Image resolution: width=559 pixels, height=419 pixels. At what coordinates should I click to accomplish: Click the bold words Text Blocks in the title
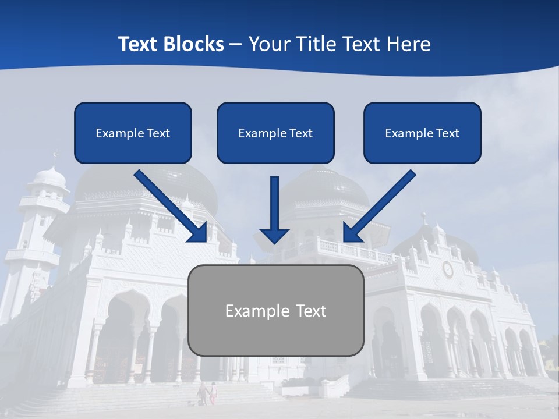coord(171,44)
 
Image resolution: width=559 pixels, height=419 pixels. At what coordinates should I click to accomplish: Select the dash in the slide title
coord(235,45)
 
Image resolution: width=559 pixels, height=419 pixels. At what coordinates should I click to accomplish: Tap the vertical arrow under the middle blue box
coord(274,210)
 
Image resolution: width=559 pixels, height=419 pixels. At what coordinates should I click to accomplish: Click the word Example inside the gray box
coord(254,311)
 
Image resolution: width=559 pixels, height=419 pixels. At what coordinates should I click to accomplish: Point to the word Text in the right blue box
coord(447,133)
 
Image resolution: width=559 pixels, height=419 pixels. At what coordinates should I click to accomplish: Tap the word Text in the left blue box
coord(158,133)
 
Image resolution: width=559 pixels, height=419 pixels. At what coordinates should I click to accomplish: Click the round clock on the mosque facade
coord(447,269)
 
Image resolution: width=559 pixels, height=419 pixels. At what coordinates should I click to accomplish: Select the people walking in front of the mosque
coord(207,392)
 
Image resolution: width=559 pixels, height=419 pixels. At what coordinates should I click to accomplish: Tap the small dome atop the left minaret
coord(50,175)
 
